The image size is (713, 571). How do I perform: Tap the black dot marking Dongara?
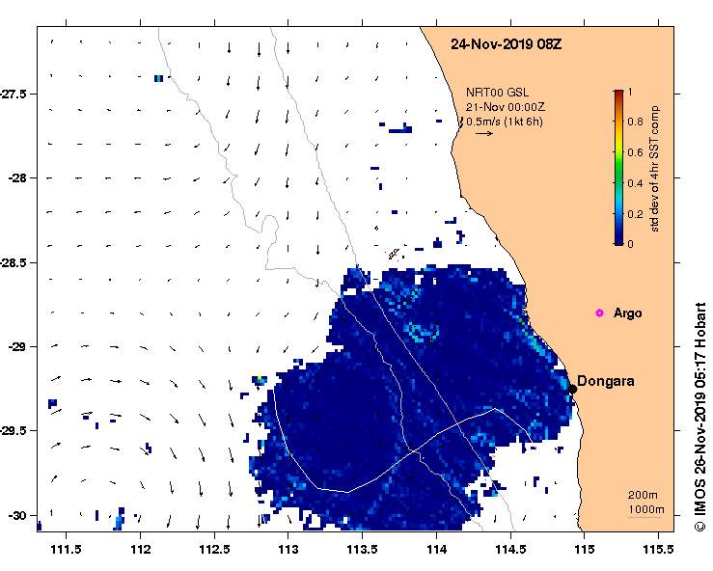tap(572, 389)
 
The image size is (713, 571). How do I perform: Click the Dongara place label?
tap(606, 381)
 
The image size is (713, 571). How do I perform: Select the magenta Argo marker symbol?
tap(599, 313)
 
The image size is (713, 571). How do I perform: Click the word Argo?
tap(627, 313)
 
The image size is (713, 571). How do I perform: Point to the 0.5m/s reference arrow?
tap(484, 134)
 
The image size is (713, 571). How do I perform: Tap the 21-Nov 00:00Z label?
tap(504, 106)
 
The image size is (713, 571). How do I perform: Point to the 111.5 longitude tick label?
tap(66, 550)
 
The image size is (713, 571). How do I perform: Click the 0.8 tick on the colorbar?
tap(636, 122)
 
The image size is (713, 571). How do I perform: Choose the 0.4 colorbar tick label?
tap(636, 183)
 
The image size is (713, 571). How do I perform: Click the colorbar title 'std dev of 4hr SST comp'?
tap(655, 168)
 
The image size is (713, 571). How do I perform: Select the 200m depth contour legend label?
tap(643, 495)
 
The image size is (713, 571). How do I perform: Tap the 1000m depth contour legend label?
tap(644, 508)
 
